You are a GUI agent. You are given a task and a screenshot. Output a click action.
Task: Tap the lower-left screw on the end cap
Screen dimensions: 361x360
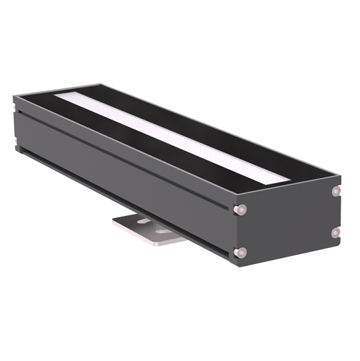tap(241, 252)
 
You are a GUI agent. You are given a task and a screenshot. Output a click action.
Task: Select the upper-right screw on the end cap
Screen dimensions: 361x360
tap(336, 191)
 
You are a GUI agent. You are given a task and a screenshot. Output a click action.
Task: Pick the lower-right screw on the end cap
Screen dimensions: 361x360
tap(336, 232)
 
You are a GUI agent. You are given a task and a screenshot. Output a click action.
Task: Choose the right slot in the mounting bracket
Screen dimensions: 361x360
tap(162, 231)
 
